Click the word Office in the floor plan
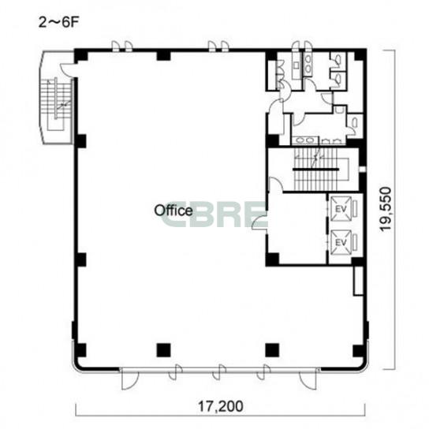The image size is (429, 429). pos(173,211)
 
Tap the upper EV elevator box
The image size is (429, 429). pos(341,209)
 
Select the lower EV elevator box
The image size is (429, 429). pos(341,242)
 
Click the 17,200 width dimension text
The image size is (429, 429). pos(220,406)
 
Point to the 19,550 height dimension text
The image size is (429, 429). pos(386,209)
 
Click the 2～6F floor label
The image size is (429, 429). pos(58,23)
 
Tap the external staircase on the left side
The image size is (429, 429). pos(57,104)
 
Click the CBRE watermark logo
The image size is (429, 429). pos(214,214)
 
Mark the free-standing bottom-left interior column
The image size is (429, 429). pos(163,350)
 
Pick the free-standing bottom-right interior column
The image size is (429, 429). pos(272,350)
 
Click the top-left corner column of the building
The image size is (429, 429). pos(81,55)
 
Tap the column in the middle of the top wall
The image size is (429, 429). pos(163,55)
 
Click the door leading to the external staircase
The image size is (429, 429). pos(68,69)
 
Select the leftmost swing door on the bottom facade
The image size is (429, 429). pos(130,379)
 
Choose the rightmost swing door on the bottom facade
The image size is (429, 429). pos(308,379)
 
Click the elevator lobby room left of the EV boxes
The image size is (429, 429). pos(297,229)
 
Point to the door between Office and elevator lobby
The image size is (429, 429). pos(260,222)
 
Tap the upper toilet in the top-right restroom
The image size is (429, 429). pos(337,59)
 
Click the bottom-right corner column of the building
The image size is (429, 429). pos(358,351)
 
